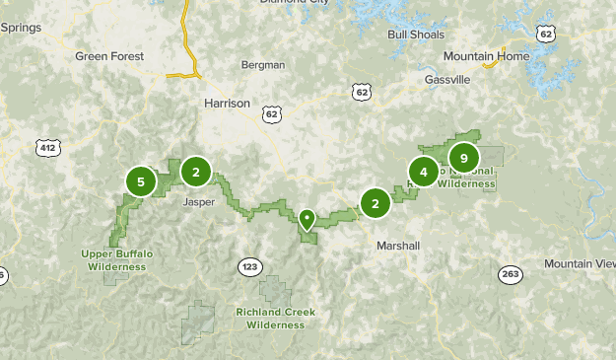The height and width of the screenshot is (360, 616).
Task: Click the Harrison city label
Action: pyautogui.click(x=227, y=103)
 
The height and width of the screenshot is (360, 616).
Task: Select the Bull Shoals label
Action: pyautogui.click(x=411, y=35)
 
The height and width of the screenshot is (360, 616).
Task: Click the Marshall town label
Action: pyautogui.click(x=398, y=245)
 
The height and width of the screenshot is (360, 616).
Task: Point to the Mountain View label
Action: pyautogui.click(x=580, y=263)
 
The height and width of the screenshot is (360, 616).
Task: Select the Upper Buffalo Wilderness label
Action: pyautogui.click(x=117, y=259)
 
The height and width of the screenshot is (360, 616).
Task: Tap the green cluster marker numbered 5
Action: pyautogui.click(x=141, y=181)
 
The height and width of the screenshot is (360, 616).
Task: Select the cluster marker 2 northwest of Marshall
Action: pyautogui.click(x=375, y=203)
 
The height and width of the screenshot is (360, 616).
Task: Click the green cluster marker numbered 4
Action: pyautogui.click(x=424, y=173)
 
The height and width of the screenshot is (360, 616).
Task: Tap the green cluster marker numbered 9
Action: pyautogui.click(x=463, y=158)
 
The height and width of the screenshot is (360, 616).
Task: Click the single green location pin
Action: pyautogui.click(x=308, y=219)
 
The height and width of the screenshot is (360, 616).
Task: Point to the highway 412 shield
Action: pyautogui.click(x=46, y=148)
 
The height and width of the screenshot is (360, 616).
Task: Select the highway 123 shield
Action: pyautogui.click(x=250, y=266)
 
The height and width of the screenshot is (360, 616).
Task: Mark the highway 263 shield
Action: pyautogui.click(x=511, y=274)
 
